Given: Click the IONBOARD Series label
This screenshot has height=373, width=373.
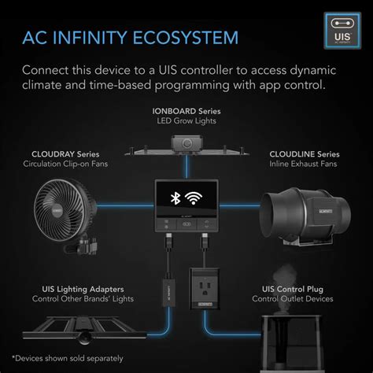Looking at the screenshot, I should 186,112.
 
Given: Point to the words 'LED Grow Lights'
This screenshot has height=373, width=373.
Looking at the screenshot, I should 186,122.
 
